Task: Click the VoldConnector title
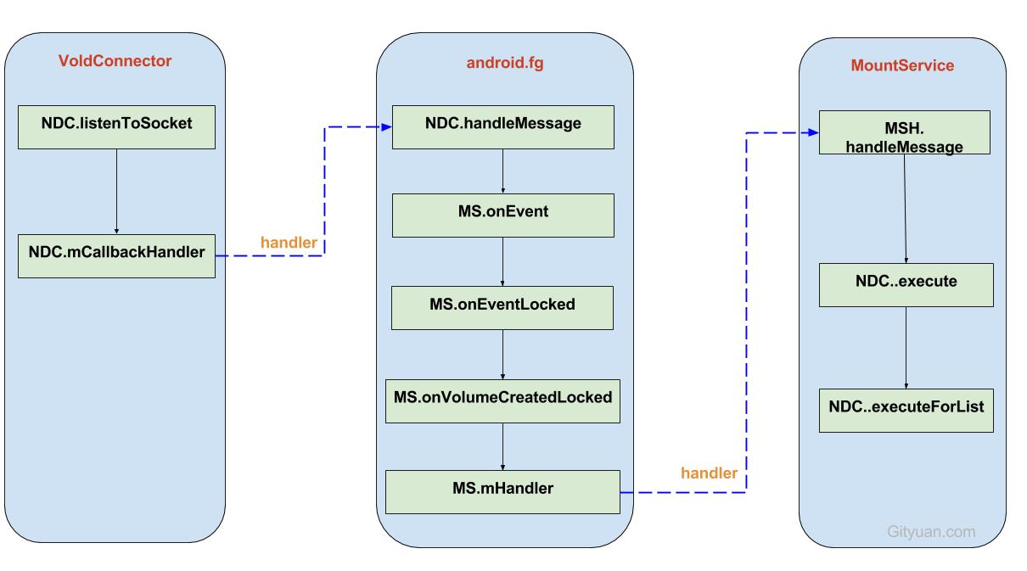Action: pos(115,61)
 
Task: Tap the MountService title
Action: pos(902,65)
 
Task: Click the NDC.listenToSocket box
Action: pos(116,124)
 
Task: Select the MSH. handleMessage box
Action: pos(905,132)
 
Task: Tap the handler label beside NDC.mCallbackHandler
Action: pos(289,243)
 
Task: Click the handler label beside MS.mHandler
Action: pos(709,473)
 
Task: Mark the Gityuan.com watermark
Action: pos(931,532)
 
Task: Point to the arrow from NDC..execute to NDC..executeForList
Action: pos(906,347)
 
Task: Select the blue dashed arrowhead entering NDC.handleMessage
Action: pos(385,127)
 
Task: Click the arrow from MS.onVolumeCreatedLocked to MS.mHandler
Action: pos(502,445)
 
